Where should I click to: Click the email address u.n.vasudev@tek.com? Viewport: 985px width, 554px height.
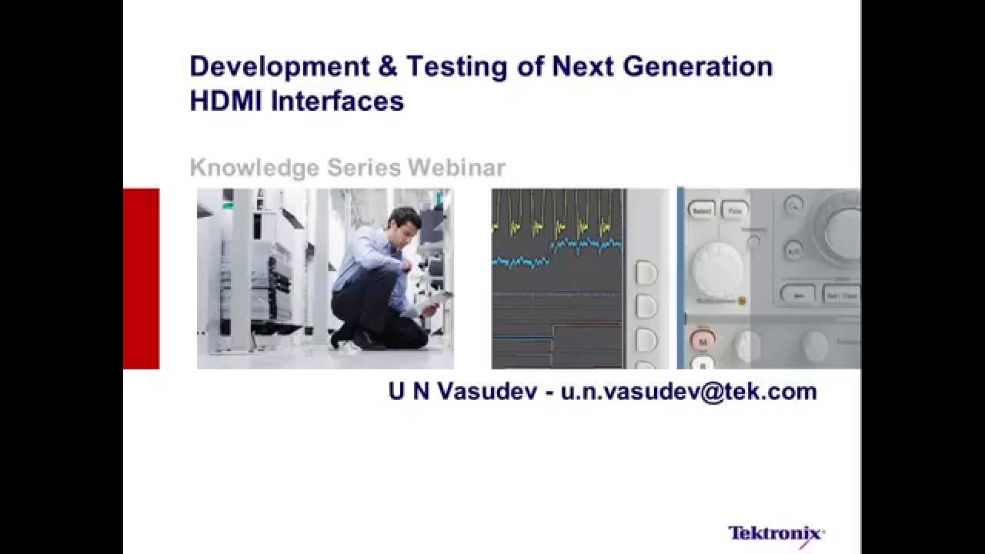[689, 392]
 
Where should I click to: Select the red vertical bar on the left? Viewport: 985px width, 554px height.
[141, 279]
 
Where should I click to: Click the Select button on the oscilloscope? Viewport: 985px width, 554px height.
[702, 210]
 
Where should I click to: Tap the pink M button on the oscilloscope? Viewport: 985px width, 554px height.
[702, 339]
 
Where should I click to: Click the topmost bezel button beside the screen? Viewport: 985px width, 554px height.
[646, 273]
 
